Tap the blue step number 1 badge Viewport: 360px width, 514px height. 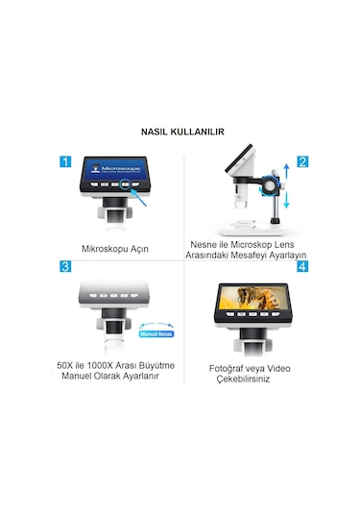[66, 162]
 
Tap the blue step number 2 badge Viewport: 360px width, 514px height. [302, 162]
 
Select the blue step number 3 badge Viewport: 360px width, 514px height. [66, 265]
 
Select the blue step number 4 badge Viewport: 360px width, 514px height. [302, 265]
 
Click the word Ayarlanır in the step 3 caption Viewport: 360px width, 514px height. [145, 378]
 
